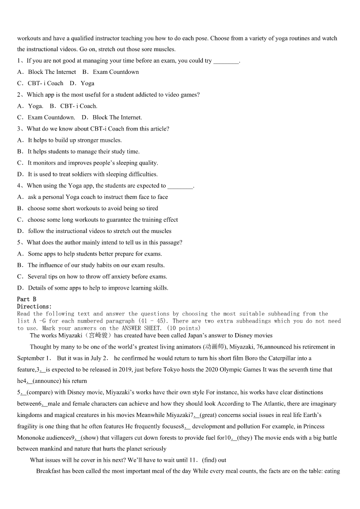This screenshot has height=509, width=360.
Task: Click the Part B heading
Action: pyautogui.click(x=27, y=299)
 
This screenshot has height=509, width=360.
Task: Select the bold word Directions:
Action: pyautogui.click(x=34, y=306)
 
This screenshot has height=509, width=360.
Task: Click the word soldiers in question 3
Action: pyautogui.click(x=83, y=174)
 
